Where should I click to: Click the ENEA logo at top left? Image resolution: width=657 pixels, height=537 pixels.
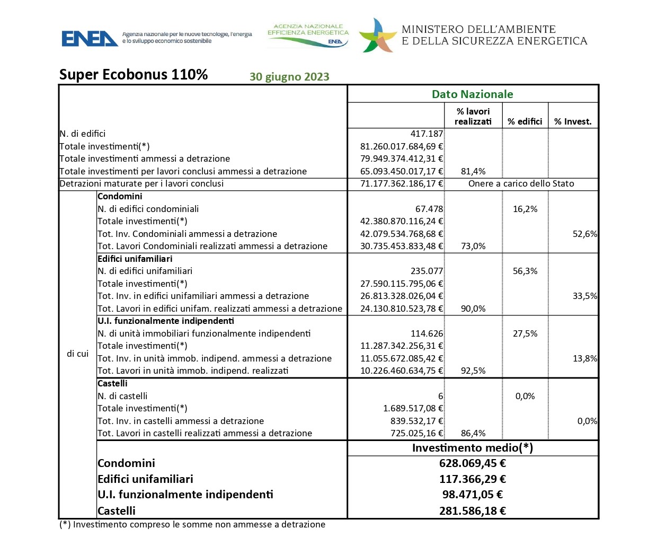(x=90, y=38)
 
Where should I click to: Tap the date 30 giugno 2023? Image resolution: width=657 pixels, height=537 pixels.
(x=289, y=77)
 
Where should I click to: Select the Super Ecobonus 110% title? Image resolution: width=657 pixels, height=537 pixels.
(x=134, y=75)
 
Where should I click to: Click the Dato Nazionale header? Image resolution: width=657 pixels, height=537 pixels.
(x=472, y=94)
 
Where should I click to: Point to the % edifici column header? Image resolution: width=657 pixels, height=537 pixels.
(x=525, y=122)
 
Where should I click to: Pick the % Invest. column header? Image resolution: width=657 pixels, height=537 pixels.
(x=572, y=122)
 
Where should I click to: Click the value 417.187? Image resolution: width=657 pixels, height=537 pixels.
(x=427, y=134)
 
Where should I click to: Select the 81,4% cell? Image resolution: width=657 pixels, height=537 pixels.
(x=473, y=171)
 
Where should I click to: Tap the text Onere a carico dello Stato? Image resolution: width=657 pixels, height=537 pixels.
(x=521, y=183)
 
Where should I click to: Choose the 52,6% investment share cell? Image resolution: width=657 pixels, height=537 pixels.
(x=584, y=234)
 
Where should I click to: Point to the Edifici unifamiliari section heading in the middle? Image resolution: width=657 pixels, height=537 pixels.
(x=135, y=259)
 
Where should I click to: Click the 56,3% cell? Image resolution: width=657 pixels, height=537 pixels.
(x=525, y=271)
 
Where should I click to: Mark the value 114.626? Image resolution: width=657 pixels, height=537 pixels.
(x=427, y=333)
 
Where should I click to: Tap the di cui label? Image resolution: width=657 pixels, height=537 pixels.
(x=78, y=354)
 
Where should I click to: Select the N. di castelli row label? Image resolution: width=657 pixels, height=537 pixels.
(x=122, y=396)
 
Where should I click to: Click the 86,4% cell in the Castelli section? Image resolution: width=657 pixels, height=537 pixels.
(x=473, y=433)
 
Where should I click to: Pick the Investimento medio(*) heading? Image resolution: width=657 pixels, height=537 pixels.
(x=472, y=448)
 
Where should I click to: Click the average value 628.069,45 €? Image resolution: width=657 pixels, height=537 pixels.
(x=472, y=463)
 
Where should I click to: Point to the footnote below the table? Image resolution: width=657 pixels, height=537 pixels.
(x=192, y=524)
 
